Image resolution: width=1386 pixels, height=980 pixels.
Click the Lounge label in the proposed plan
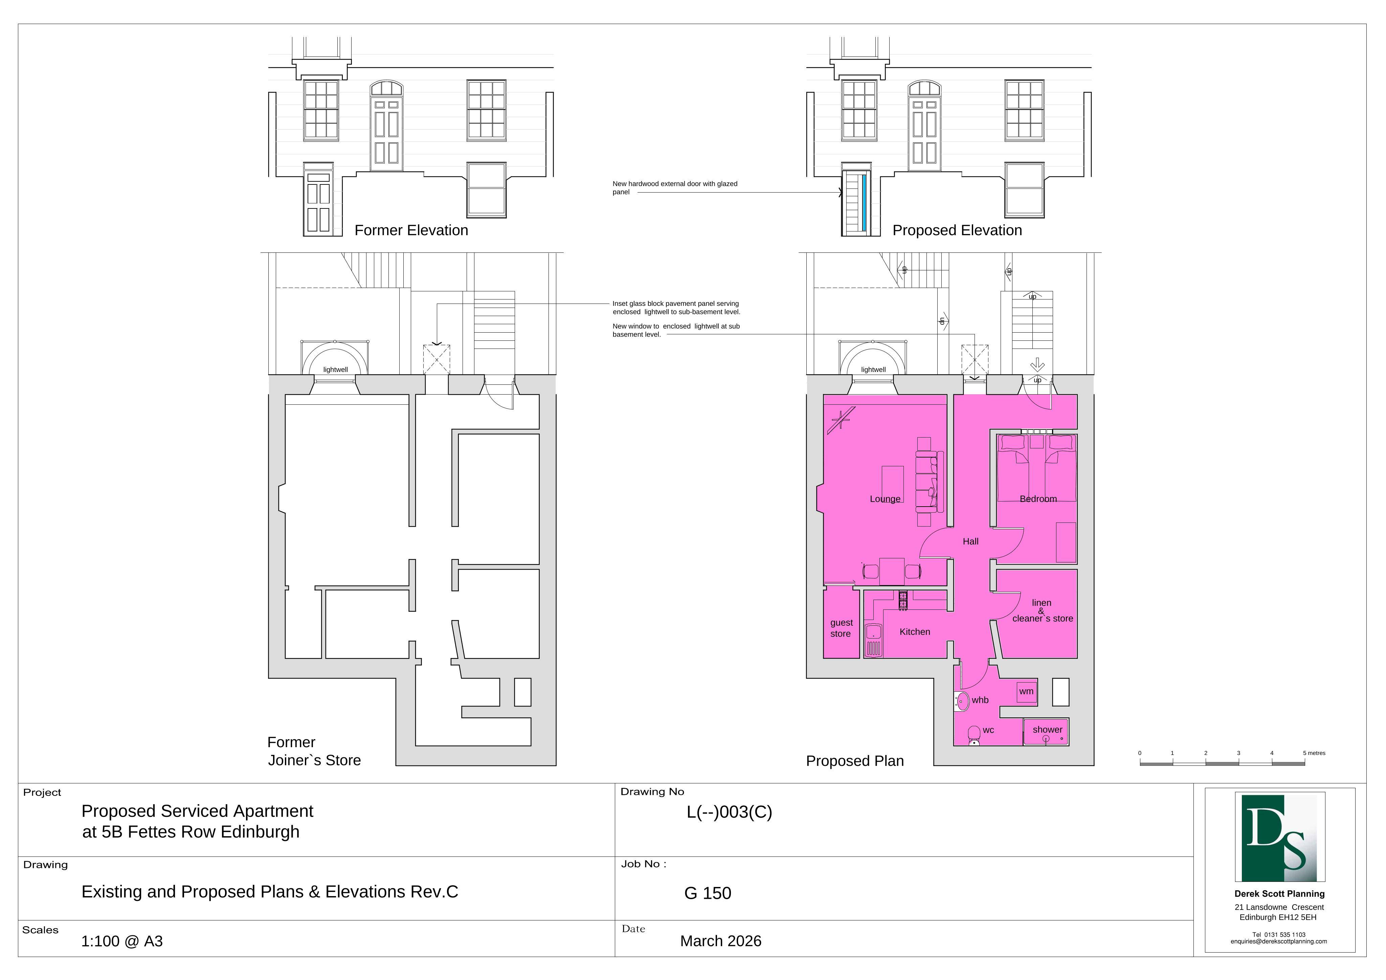(x=885, y=499)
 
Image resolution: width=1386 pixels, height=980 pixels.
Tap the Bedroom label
(x=1038, y=499)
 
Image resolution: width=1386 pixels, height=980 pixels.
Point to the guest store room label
(x=841, y=628)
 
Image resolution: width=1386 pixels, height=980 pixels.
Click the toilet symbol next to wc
(x=974, y=736)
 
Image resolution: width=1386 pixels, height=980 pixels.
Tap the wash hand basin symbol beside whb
(x=962, y=701)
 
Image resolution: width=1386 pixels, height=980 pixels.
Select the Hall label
(x=971, y=542)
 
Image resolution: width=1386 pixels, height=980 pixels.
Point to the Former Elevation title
(x=411, y=231)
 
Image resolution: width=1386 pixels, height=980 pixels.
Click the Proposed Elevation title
(x=957, y=231)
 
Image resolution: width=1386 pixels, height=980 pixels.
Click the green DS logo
(x=1280, y=838)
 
